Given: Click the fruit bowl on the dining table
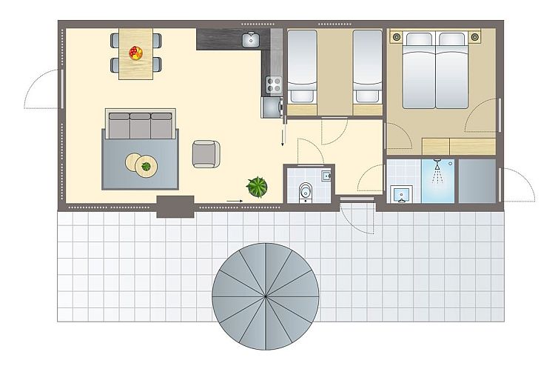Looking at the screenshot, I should coord(135,53).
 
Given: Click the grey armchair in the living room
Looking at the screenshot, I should coord(206,153).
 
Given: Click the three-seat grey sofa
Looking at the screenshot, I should coord(140,124).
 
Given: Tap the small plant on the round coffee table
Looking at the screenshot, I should coord(146,167).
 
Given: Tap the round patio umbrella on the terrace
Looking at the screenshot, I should coord(265,296).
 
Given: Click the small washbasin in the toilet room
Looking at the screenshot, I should coord(326,176).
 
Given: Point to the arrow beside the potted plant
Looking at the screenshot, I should coord(235,200).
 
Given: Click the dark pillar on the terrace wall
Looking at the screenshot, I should coord(175,205).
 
